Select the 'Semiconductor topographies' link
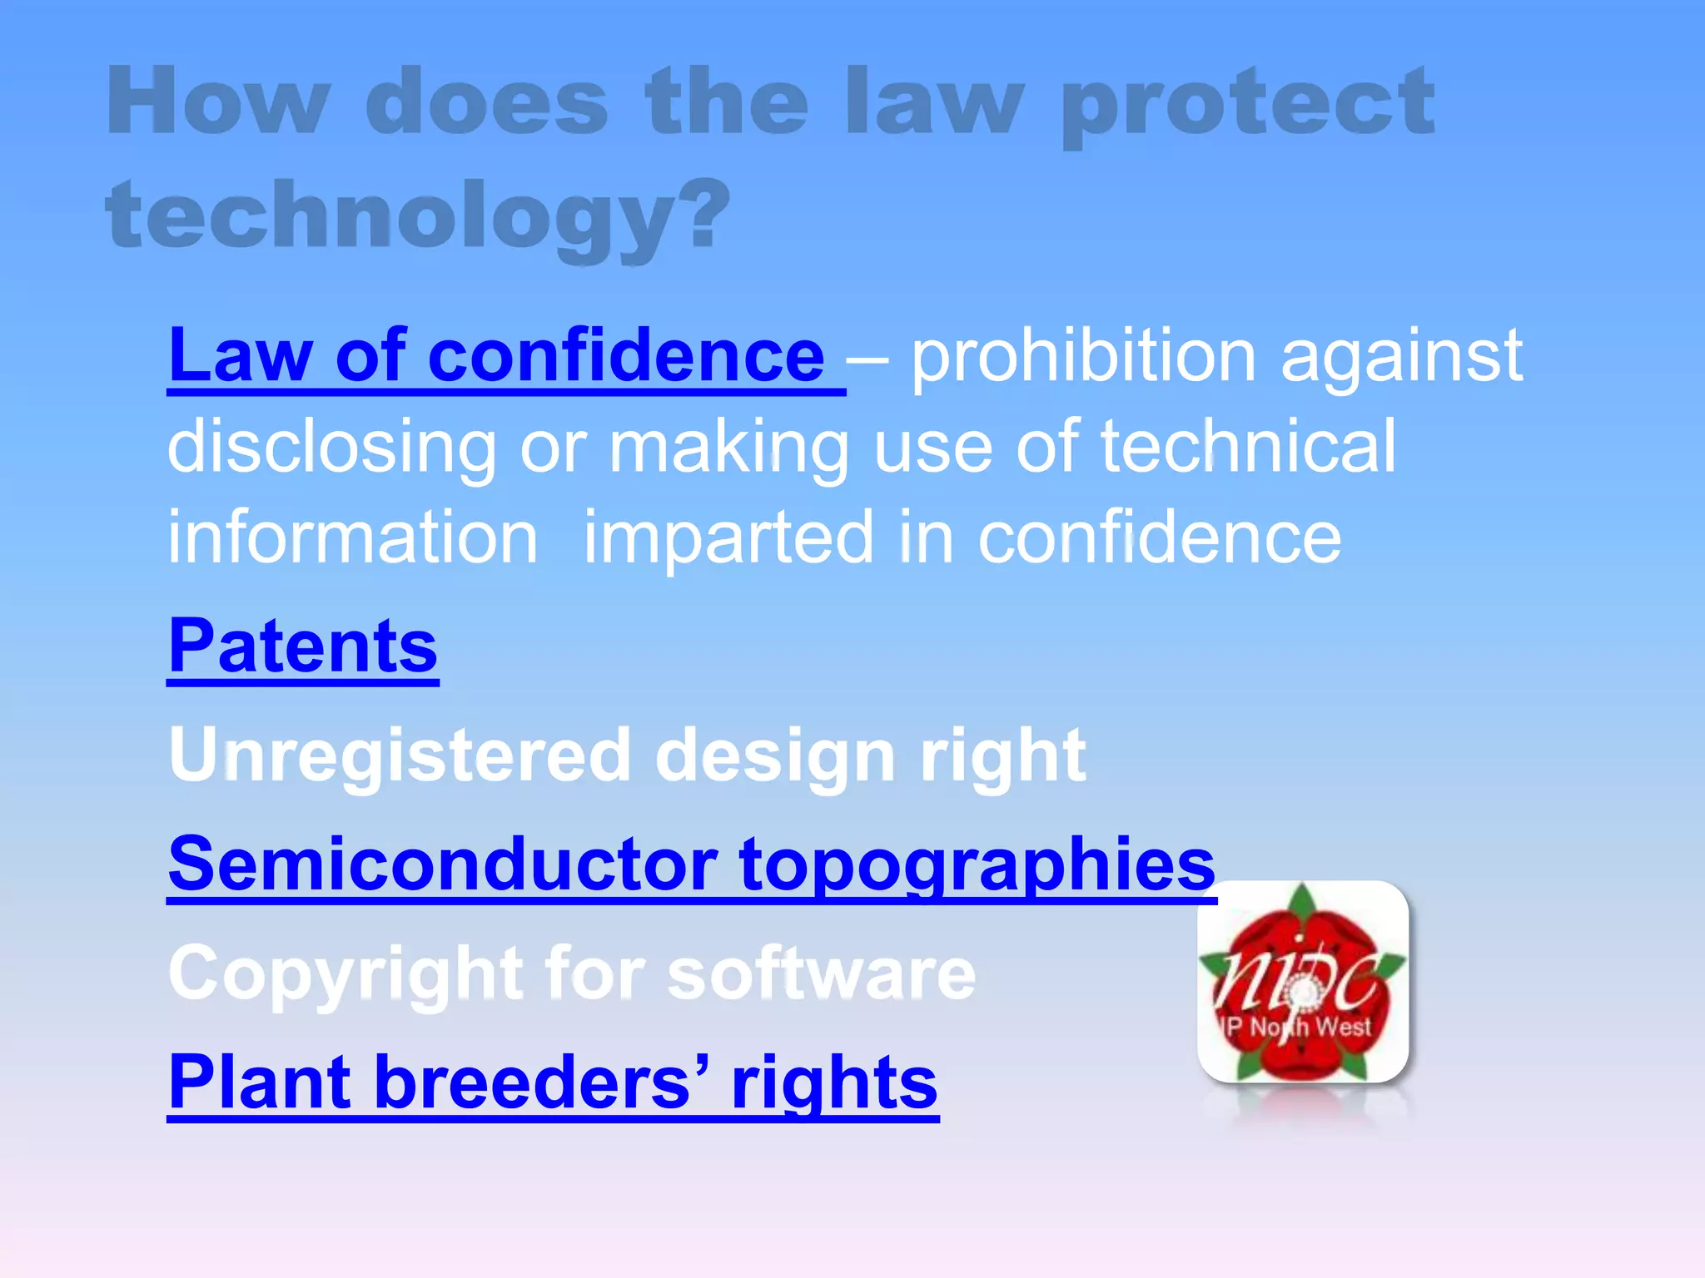pos(692,864)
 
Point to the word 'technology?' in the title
pos(417,215)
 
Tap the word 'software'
pos(821,973)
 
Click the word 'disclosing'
pos(332,448)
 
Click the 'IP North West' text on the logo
pos(1299,1027)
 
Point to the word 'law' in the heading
pos(933,103)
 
